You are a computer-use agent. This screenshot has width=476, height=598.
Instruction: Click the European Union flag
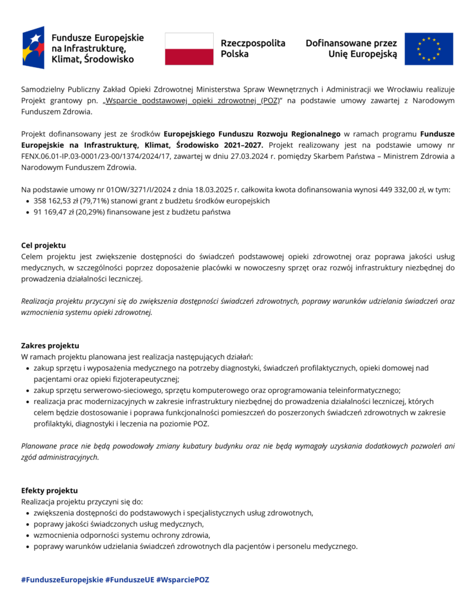[429, 49]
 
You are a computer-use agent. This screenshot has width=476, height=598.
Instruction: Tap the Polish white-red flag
[189, 48]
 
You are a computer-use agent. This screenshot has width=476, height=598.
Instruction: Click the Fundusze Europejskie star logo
[33, 48]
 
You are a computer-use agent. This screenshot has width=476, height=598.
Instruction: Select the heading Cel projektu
[43, 245]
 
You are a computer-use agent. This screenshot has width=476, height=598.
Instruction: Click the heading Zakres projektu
[50, 346]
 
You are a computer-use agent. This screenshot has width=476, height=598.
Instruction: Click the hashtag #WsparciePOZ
[182, 580]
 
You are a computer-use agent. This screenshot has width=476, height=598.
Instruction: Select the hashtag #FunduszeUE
[129, 580]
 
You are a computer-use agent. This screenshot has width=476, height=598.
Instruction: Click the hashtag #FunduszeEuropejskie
[62, 580]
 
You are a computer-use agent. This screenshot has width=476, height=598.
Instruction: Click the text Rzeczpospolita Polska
[253, 48]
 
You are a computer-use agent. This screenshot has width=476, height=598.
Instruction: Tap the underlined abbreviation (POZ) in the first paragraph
[269, 101]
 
